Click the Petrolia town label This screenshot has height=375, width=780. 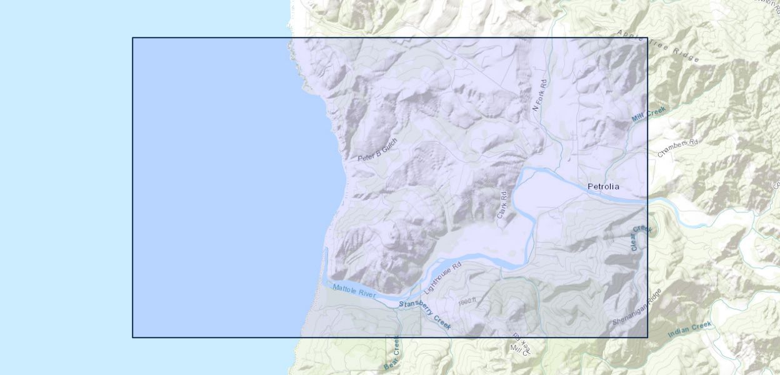pos(603,186)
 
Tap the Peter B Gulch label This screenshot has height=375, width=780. pos(377,150)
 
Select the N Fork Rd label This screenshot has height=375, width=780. pos(539,96)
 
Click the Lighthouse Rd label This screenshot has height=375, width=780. pos(442,278)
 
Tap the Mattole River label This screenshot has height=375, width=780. pos(354,291)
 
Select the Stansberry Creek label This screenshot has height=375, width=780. pos(425,312)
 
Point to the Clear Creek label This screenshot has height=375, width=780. pos(641,238)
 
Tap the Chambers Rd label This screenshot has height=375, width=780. pos(676,147)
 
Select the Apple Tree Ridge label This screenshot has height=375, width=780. pos(657,45)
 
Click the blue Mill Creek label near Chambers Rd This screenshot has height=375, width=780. pos(649,113)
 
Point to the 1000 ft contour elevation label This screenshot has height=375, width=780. pos(467,301)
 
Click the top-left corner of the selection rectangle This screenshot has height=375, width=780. pos(132,37)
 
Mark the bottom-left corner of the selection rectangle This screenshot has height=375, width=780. pos(132,337)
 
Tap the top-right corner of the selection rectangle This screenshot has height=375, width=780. pos(647,37)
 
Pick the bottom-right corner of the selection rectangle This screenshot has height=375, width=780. pos(647,337)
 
